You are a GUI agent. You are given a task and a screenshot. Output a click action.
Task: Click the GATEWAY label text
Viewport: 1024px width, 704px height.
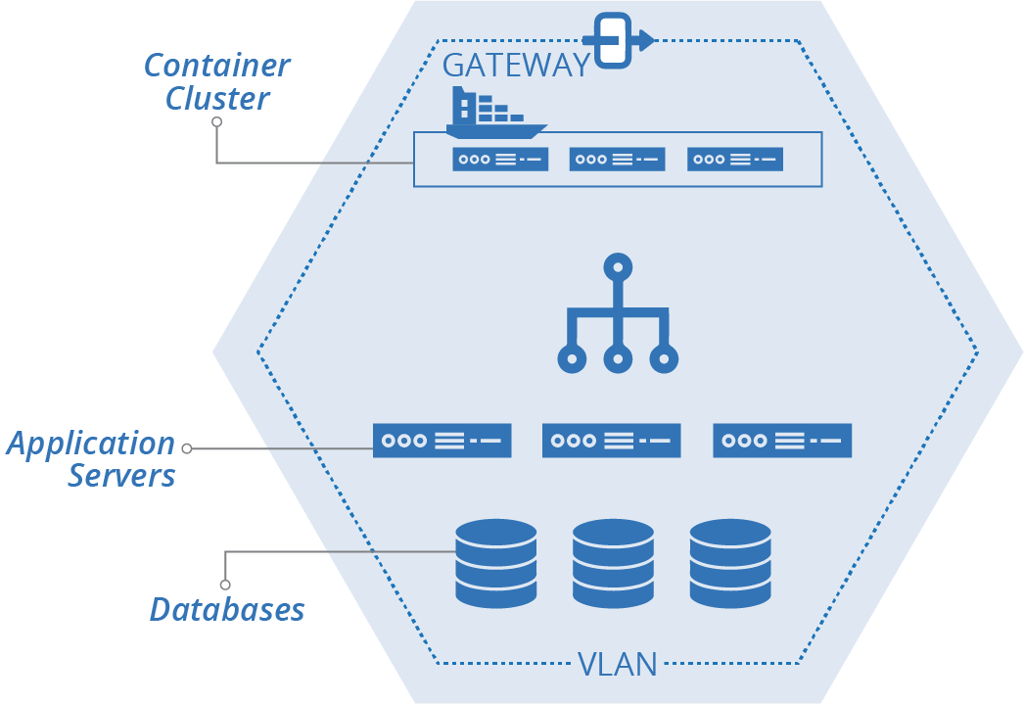tap(516, 65)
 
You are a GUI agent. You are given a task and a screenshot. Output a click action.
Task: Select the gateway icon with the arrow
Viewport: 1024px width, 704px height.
tap(614, 41)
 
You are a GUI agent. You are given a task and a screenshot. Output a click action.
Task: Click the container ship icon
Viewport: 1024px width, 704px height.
tap(494, 114)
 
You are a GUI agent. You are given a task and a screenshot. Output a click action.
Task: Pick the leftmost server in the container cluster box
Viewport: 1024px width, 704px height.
tap(499, 159)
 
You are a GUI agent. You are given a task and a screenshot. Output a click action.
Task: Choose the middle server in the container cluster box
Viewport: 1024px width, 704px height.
tap(617, 159)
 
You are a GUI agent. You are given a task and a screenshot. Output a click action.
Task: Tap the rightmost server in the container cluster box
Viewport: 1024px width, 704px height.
tap(735, 159)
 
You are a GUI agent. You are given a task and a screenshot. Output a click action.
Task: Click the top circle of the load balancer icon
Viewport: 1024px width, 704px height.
tap(618, 266)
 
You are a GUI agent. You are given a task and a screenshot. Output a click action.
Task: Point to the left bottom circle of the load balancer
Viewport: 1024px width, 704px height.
tap(571, 359)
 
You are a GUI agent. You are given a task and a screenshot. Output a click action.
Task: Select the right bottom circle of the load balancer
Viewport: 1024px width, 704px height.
tap(664, 359)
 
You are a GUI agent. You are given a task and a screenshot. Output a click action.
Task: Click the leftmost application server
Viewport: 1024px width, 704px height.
tap(442, 441)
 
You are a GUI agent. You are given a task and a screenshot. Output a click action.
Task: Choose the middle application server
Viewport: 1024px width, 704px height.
tap(612, 441)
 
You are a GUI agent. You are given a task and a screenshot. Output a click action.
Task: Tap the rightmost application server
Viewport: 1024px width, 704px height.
tap(782, 441)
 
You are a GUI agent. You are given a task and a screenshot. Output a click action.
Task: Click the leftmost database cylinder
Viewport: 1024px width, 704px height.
tap(496, 563)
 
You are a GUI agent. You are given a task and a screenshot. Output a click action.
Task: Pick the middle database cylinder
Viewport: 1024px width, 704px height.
tap(613, 563)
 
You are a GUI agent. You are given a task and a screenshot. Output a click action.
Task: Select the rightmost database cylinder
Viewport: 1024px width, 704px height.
tap(730, 563)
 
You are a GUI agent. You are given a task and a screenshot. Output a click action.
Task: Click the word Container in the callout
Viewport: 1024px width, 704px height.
tap(216, 66)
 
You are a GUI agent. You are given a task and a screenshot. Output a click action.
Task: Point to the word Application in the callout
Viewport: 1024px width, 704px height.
tap(91, 444)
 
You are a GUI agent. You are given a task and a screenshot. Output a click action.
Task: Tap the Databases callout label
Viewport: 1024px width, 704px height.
tap(227, 609)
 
